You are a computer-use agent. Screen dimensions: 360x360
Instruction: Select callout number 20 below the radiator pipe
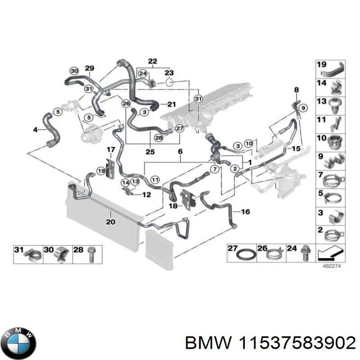(x=110, y=221)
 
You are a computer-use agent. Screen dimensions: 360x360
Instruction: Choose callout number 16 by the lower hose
(x=245, y=211)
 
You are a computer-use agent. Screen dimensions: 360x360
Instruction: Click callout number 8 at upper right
(x=296, y=90)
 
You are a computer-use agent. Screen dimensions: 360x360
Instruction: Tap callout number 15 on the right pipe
(x=296, y=148)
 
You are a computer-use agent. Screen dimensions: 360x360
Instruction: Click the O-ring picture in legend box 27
(x=245, y=255)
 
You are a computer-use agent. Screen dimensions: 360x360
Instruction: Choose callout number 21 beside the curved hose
(x=171, y=104)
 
